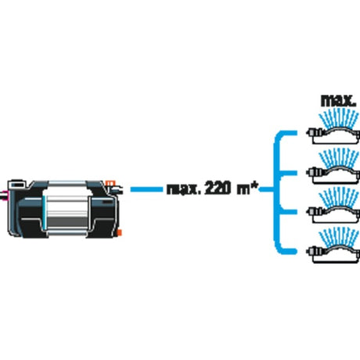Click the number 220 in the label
coord(218,188)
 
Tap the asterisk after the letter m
coord(254,185)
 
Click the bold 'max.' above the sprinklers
coord(338,101)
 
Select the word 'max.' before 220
coord(182,189)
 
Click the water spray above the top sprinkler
coord(339,119)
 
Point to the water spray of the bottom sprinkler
coord(339,236)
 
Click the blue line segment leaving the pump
coord(146,189)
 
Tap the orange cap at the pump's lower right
coord(120,232)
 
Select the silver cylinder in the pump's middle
coord(67,207)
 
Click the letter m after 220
coord(243,190)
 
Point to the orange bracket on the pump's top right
coord(110,183)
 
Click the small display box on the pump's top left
coord(16,185)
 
